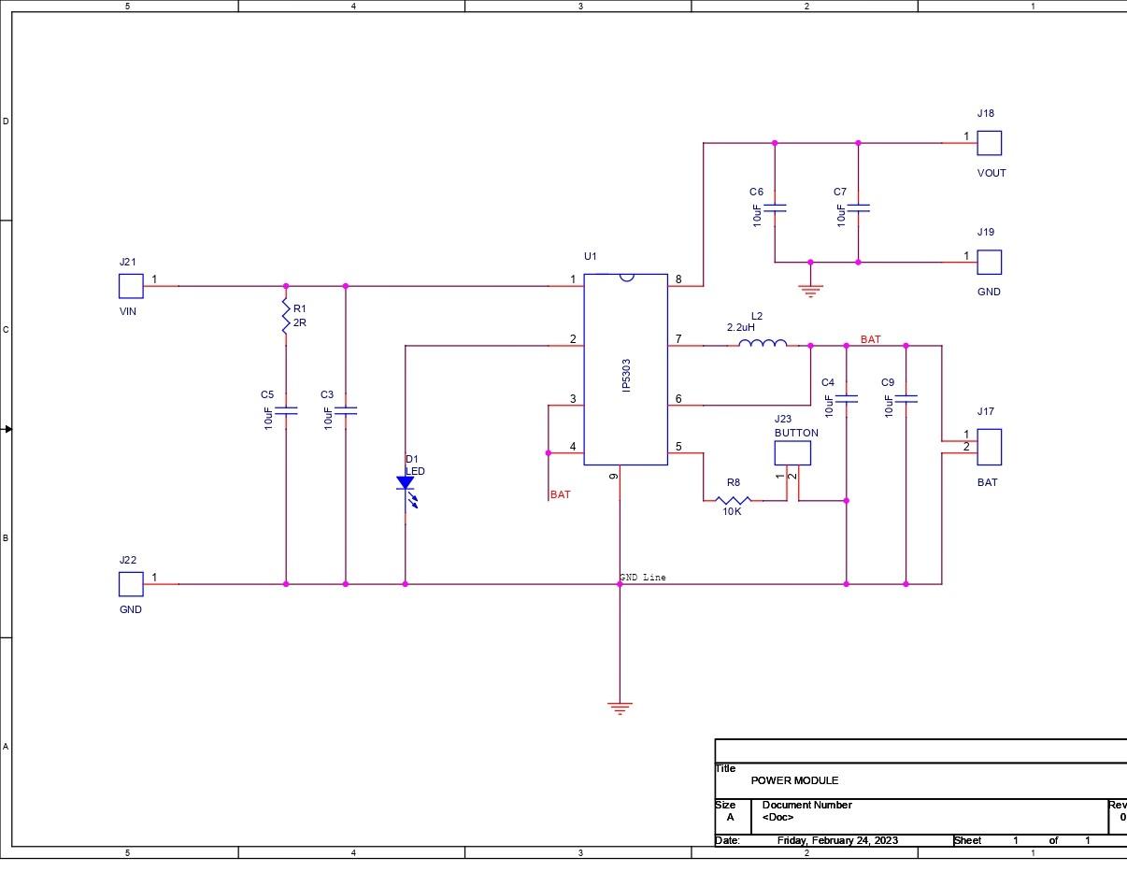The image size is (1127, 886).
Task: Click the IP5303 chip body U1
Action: [625, 369]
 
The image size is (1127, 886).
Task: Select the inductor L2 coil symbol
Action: [763, 345]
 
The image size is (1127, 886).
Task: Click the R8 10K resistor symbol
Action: [733, 500]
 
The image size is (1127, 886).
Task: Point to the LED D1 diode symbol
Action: [406, 484]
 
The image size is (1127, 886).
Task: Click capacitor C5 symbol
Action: [286, 410]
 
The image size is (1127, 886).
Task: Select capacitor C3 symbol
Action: [346, 410]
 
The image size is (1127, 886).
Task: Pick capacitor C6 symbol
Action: [775, 207]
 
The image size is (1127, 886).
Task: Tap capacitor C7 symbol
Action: [859, 207]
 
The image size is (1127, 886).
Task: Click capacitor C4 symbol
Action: [847, 399]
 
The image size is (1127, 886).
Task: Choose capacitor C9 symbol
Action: [906, 399]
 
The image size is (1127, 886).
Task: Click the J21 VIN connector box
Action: [131, 286]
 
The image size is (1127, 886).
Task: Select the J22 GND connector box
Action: [131, 584]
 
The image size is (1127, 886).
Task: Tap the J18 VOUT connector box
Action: [989, 143]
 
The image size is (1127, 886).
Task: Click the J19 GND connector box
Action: [989, 262]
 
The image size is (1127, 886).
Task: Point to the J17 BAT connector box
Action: [989, 447]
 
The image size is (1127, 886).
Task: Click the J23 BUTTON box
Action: [792, 453]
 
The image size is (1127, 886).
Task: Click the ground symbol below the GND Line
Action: [620, 707]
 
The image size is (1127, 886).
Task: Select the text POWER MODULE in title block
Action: [794, 780]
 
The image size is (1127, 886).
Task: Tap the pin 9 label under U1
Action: [614, 477]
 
